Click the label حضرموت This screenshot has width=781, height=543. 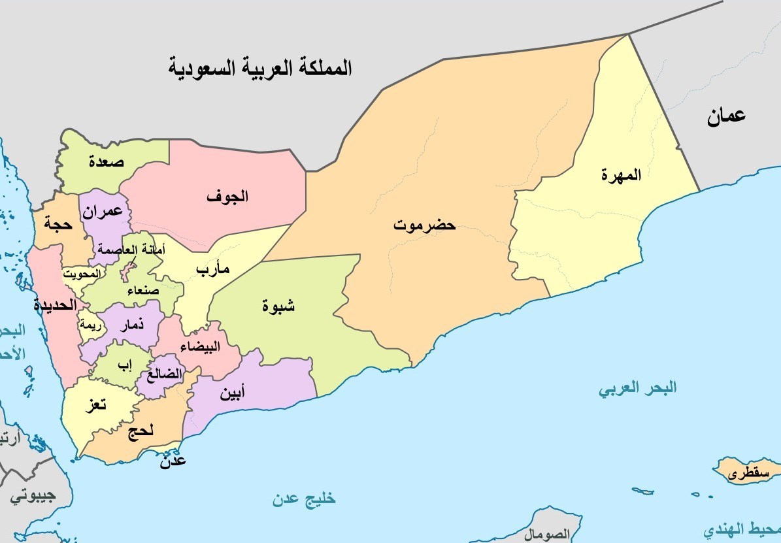tap(424, 226)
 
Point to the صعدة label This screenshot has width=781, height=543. tap(107, 162)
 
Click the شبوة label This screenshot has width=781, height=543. tap(278, 305)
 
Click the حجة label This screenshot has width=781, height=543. tap(57, 223)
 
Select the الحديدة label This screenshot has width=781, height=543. tap(55, 304)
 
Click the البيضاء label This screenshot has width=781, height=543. tap(203, 346)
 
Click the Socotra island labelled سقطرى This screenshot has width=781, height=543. tap(745, 473)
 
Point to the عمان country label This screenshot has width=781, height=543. tap(725, 118)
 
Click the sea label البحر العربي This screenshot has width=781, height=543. tap(638, 389)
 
